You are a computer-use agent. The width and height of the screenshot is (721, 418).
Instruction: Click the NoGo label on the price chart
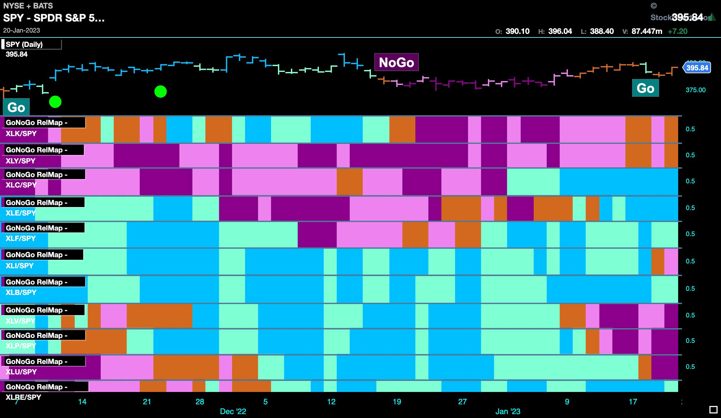tap(396, 62)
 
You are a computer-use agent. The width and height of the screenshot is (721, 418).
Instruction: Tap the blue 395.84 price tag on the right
tap(697, 68)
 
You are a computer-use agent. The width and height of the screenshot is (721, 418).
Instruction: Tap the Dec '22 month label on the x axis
tap(233, 411)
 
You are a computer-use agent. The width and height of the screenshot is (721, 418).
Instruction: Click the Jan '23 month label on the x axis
tap(508, 411)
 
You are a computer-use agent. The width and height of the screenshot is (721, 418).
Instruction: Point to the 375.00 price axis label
tap(696, 90)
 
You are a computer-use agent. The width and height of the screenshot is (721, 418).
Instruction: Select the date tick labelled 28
tap(200, 402)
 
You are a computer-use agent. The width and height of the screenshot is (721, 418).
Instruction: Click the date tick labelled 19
tap(397, 402)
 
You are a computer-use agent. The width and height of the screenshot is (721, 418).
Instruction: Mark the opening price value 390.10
tap(518, 31)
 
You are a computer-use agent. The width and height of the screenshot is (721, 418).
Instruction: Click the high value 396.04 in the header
tap(560, 31)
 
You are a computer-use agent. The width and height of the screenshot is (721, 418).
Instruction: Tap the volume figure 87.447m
tap(647, 31)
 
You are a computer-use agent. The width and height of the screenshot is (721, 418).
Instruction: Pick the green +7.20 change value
tap(677, 31)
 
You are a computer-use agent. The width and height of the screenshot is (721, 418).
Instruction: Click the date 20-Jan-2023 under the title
tap(21, 30)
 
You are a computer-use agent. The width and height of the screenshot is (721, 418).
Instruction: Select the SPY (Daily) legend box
tap(32, 44)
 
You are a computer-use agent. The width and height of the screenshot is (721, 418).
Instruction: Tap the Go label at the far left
tap(16, 107)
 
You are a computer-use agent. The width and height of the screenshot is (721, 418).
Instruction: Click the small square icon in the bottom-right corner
tap(713, 410)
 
